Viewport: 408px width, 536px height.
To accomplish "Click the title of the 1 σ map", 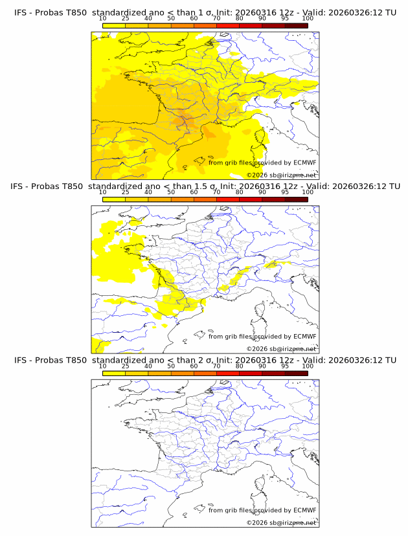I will tap(205, 12).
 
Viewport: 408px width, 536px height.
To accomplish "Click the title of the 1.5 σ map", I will tap(205, 186).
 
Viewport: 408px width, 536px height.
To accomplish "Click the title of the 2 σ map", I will tap(205, 360).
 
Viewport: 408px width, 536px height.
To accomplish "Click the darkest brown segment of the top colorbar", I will tap(296, 25).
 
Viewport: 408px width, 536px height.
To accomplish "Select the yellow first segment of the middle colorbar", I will tap(114, 199).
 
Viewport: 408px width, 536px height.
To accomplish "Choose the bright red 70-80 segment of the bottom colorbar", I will tap(228, 374).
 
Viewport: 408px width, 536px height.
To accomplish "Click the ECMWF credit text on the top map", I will tap(262, 162).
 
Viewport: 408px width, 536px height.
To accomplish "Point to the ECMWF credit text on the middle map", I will tap(262, 336).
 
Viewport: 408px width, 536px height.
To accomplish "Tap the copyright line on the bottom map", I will tap(282, 522).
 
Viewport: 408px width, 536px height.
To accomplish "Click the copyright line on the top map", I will tap(282, 175).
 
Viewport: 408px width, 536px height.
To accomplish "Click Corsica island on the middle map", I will tap(262, 313).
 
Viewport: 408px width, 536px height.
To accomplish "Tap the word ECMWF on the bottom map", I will tap(304, 510).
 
